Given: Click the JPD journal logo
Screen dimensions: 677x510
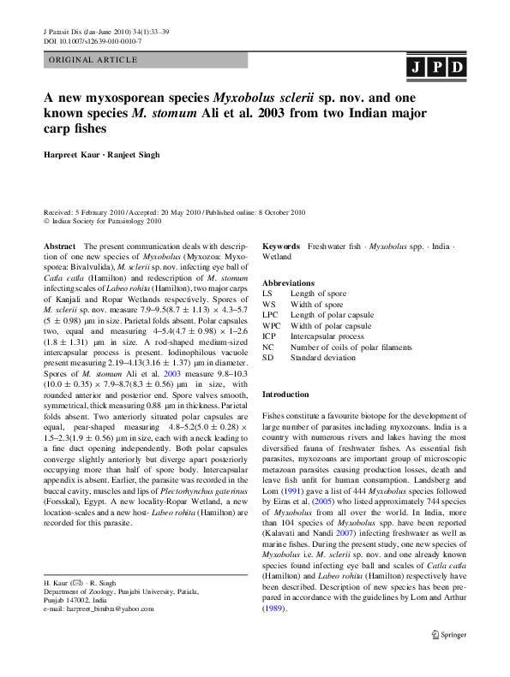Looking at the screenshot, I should [x=436, y=67].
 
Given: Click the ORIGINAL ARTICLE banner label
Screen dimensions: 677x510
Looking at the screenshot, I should [x=93, y=60].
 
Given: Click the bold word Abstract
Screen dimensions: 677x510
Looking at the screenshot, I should [x=59, y=245].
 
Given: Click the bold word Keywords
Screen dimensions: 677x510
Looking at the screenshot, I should [x=281, y=245].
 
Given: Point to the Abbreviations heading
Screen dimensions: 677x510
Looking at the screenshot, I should [x=288, y=283].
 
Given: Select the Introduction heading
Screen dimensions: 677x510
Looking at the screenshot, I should [x=285, y=395].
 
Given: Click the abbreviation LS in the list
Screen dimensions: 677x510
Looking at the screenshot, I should [x=267, y=294].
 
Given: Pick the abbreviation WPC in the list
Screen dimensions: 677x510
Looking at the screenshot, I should [x=272, y=326].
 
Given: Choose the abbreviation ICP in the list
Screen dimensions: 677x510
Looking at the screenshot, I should [x=270, y=336].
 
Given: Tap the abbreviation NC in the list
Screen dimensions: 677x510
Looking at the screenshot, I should [x=268, y=347].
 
